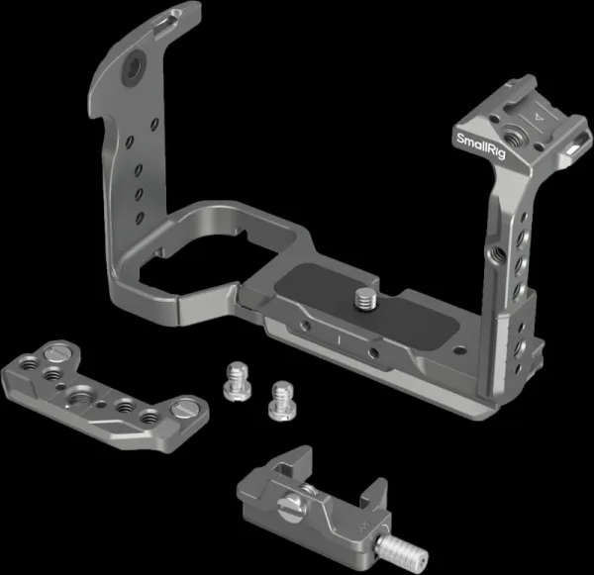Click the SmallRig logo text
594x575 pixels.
[481, 145]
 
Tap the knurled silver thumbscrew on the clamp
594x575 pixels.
[402, 549]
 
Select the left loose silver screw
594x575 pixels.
[236, 381]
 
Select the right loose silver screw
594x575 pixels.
[282, 401]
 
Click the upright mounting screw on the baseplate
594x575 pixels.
[365, 299]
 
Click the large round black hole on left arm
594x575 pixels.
[134, 68]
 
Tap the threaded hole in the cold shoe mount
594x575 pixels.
[512, 135]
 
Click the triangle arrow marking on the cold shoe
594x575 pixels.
[537, 118]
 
